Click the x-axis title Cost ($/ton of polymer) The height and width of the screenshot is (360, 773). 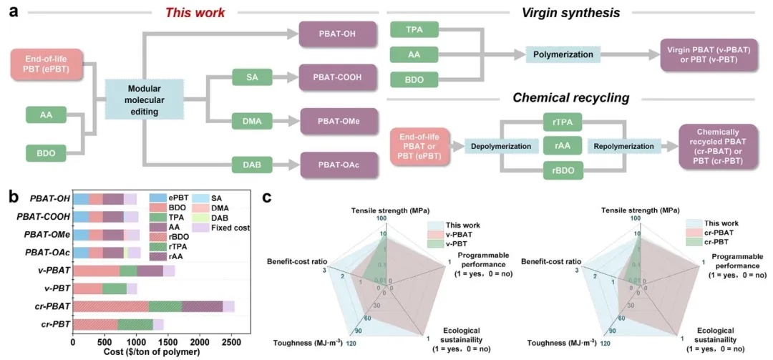(142, 352)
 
